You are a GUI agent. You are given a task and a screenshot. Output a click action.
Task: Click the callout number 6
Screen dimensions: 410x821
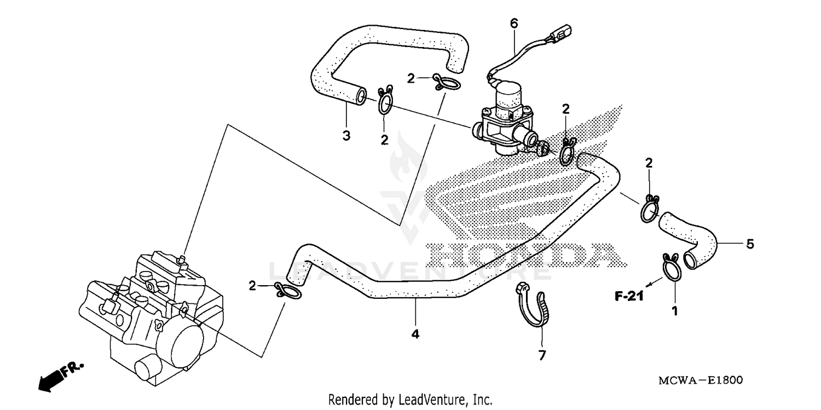coord(513,24)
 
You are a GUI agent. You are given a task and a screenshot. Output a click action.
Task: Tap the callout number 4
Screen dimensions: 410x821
coord(415,333)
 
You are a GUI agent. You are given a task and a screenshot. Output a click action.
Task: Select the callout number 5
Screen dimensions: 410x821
coord(750,244)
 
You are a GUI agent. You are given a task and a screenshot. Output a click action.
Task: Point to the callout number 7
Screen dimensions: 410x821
coord(542,355)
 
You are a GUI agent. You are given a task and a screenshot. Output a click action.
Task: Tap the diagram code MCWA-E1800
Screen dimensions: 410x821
coord(704,380)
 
